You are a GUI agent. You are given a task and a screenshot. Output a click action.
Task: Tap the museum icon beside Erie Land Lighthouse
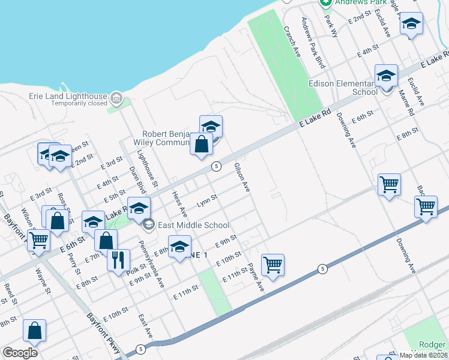coord(116,97)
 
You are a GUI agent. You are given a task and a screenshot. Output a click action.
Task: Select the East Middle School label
coord(193,226)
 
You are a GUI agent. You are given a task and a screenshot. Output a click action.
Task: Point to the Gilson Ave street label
coord(241,177)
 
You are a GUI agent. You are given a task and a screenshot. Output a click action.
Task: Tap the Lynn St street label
coord(206,199)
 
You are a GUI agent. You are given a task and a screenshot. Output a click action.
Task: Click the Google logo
coord(20,353)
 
